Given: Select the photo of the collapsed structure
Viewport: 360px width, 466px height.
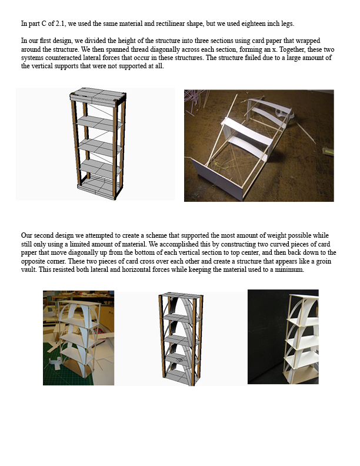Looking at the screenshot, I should [x=259, y=145].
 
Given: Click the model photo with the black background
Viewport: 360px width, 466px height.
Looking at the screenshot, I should [x=283, y=337].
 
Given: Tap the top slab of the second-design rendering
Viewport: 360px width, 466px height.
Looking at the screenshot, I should [x=180, y=296].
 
